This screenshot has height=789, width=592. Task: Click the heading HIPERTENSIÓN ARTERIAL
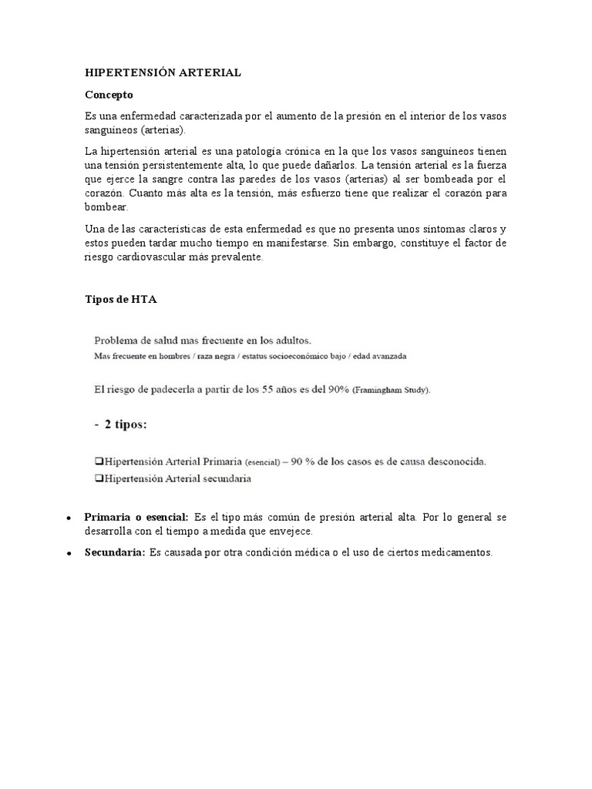(x=163, y=72)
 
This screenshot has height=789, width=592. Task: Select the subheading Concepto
(x=109, y=95)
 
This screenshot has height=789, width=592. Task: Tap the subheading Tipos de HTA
(x=120, y=300)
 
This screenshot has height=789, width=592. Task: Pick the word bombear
(x=106, y=207)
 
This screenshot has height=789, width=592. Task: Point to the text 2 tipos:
(x=126, y=425)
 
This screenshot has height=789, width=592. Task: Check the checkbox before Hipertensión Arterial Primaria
(x=98, y=462)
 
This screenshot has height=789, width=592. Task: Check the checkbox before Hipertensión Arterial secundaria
(x=98, y=478)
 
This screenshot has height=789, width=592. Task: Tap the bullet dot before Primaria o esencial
(x=70, y=518)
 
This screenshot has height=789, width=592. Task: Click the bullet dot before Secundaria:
(x=70, y=554)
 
